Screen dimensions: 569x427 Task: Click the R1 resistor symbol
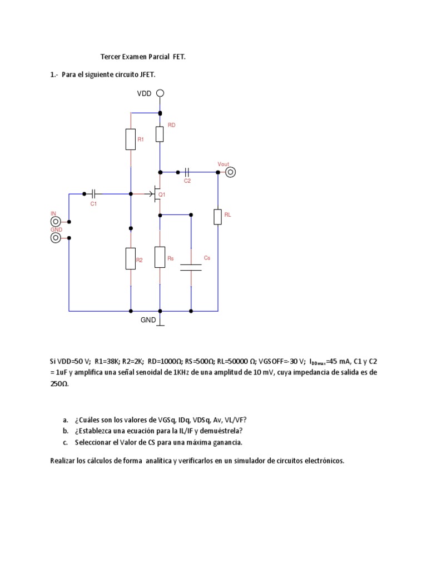pos(130,139)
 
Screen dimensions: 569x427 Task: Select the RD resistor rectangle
pos(160,133)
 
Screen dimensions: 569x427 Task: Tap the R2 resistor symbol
pos(130,259)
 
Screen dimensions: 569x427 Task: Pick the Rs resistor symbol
pos(160,257)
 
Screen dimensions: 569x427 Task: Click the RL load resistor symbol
pos(217,217)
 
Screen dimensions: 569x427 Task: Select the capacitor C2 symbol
pos(187,172)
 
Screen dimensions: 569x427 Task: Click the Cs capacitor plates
pos(191,267)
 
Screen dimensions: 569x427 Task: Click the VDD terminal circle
pos(160,93)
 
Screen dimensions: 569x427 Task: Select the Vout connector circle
pos(230,172)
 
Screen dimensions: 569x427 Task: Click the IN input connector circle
pos(56,221)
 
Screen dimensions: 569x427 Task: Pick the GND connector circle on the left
pos(56,238)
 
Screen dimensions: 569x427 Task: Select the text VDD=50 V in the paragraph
pos(72,361)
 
